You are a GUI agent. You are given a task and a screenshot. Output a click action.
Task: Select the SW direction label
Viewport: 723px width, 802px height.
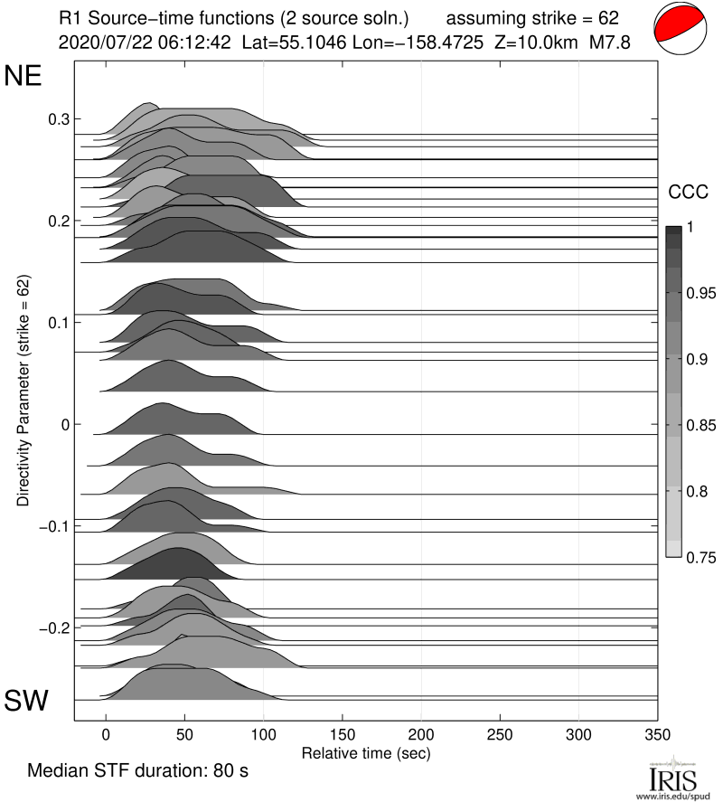tap(27, 701)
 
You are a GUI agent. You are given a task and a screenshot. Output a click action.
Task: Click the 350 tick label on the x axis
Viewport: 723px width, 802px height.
tap(657, 733)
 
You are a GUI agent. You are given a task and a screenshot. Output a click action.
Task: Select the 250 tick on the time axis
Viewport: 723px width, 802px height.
tap(500, 733)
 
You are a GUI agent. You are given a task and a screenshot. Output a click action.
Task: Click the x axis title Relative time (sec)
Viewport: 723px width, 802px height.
tap(365, 752)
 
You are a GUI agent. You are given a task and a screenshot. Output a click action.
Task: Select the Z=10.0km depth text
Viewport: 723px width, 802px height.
tap(537, 42)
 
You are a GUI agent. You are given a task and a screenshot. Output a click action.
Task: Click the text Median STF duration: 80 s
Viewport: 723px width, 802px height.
tap(138, 772)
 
